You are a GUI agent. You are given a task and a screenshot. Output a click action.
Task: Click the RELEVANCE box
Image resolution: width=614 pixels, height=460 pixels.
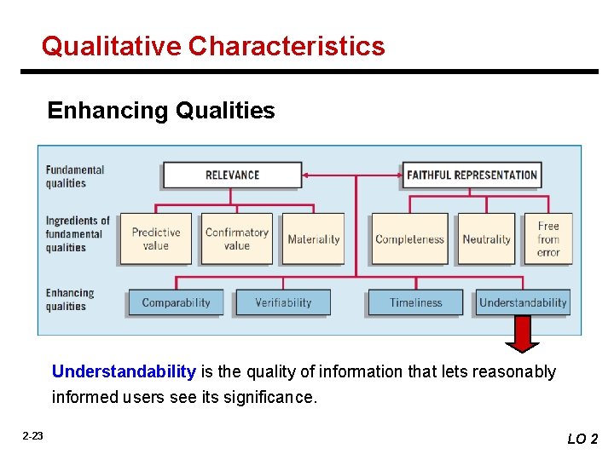pyautogui.click(x=232, y=175)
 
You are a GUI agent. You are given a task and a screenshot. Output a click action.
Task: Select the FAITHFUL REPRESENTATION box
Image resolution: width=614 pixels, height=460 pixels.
pyautogui.click(x=472, y=175)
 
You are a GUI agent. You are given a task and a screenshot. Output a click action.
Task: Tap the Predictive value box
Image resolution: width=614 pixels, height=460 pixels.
pyautogui.click(x=156, y=239)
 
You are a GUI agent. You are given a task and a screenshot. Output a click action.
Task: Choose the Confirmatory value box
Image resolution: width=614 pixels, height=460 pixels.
pyautogui.click(x=236, y=239)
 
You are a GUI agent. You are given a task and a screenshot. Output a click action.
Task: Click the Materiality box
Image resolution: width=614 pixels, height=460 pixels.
pyautogui.click(x=313, y=239)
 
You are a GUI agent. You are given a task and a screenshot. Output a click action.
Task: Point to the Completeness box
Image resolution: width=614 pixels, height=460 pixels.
pyautogui.click(x=409, y=239)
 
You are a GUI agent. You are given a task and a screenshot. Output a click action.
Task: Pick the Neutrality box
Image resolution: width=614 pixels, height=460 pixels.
pyautogui.click(x=486, y=239)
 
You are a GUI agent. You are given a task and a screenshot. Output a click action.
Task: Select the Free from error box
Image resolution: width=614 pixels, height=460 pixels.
pyautogui.click(x=548, y=239)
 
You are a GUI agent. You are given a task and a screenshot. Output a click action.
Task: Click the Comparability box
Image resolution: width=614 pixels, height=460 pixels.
pyautogui.click(x=176, y=302)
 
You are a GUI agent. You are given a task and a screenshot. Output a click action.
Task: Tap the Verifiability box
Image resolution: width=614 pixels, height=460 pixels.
pyautogui.click(x=283, y=302)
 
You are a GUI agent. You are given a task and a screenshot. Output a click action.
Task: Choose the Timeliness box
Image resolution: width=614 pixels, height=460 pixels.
pyautogui.click(x=415, y=302)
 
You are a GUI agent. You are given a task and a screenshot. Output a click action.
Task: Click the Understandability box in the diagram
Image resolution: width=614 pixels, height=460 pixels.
pyautogui.click(x=523, y=302)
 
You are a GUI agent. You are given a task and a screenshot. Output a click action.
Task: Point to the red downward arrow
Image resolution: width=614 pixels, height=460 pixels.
pyautogui.click(x=522, y=335)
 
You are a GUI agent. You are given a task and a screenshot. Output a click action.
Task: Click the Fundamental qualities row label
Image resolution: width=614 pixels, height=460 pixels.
pyautogui.click(x=74, y=176)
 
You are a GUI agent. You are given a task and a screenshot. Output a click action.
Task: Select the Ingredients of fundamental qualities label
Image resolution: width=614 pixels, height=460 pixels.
pyautogui.click(x=78, y=234)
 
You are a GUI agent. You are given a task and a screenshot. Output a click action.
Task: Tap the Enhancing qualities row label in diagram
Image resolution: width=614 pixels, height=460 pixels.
pyautogui.click(x=69, y=300)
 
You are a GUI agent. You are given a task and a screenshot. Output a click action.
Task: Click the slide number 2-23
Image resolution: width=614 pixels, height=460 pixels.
pyautogui.click(x=32, y=436)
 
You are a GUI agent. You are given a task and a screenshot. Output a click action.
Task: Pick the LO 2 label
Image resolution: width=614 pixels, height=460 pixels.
pyautogui.click(x=582, y=439)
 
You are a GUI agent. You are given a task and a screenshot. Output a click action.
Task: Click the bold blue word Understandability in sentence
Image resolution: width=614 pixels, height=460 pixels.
pyautogui.click(x=124, y=371)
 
